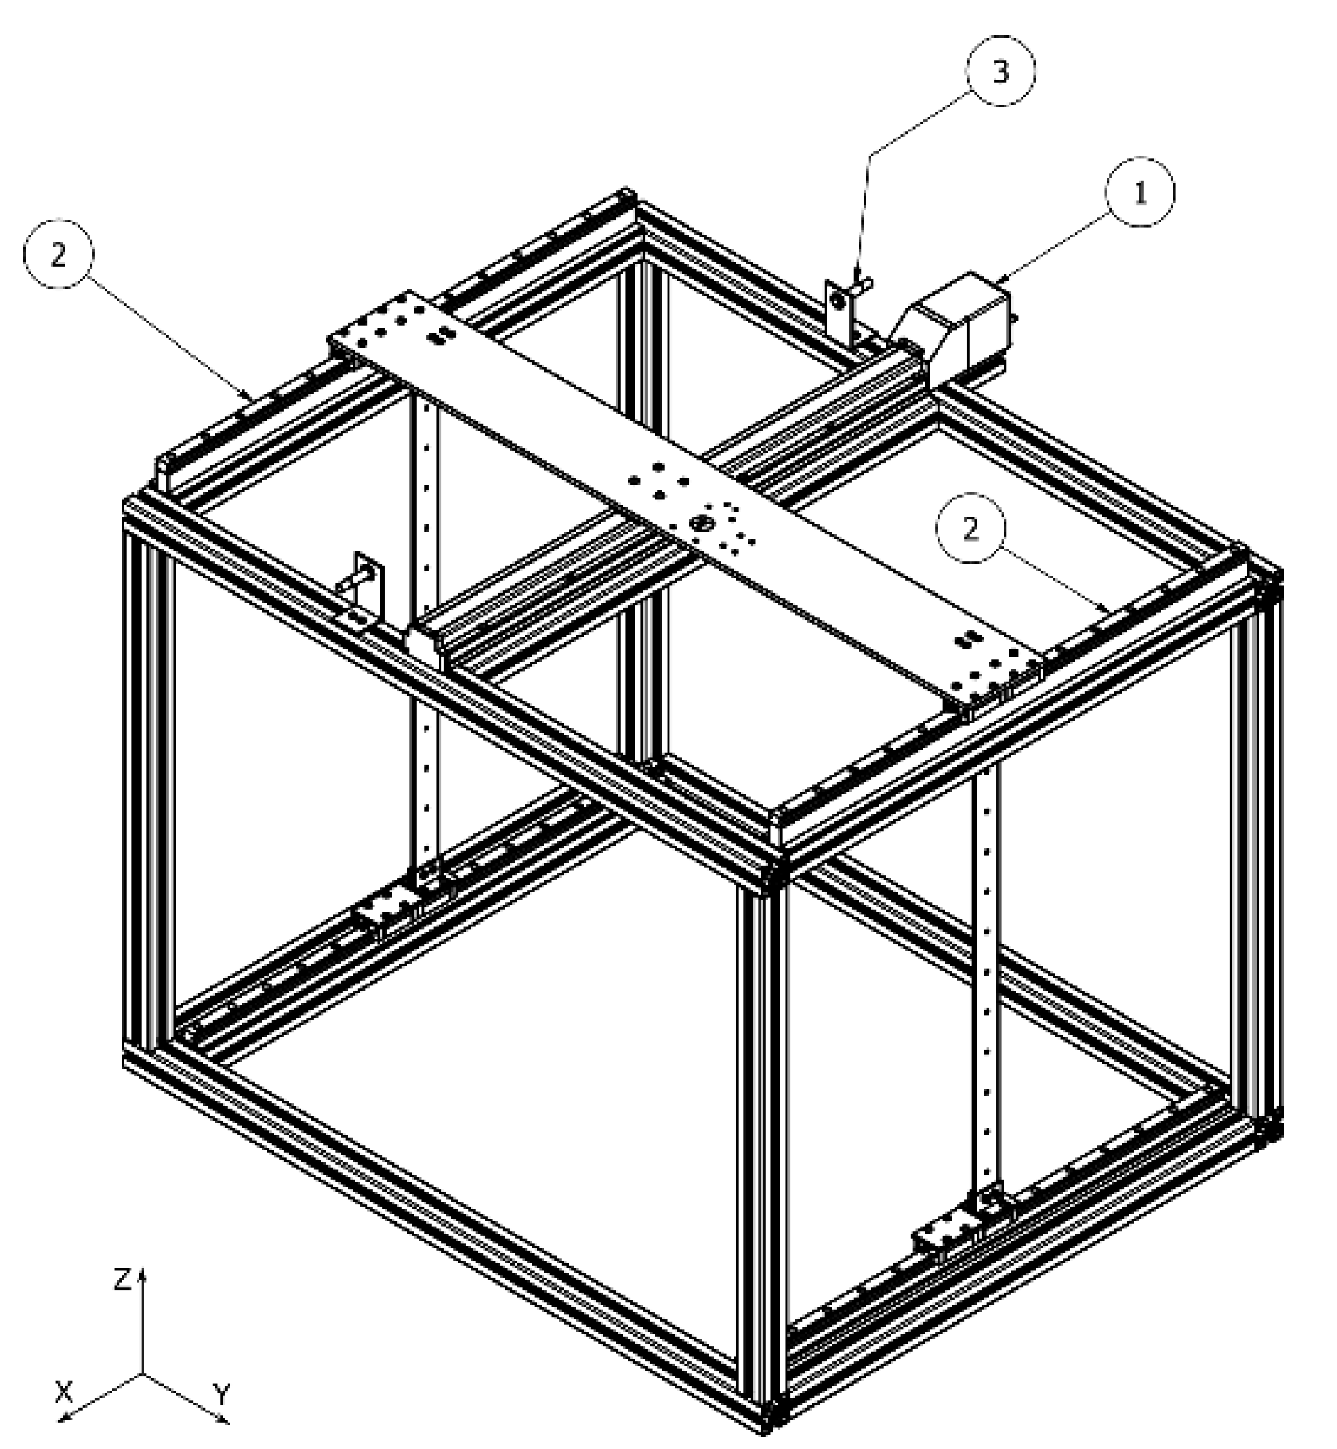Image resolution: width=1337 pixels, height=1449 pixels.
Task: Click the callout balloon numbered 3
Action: point(1000,71)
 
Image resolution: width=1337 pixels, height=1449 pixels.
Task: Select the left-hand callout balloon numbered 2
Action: point(58,253)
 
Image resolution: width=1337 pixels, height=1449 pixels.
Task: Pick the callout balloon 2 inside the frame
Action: point(971,529)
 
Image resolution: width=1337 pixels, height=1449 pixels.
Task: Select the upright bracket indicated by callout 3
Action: point(838,308)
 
